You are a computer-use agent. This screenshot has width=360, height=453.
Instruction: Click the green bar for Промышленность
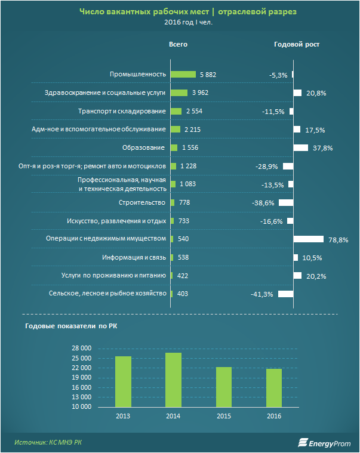[183, 75]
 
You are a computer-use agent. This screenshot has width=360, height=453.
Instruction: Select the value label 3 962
[200, 93]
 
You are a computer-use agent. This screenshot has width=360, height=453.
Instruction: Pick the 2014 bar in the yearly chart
[173, 380]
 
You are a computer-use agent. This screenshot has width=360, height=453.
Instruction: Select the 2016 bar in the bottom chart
[274, 388]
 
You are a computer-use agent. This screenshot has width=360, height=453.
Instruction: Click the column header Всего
[179, 45]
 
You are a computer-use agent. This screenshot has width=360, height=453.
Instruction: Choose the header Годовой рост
[297, 45]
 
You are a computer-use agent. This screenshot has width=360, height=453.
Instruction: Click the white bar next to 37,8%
[301, 148]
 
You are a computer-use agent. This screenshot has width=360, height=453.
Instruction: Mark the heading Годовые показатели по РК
[66, 326]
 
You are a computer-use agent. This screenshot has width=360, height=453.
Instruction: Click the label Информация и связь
[137, 258]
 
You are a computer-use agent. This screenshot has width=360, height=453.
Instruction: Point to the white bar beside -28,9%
[288, 167]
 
